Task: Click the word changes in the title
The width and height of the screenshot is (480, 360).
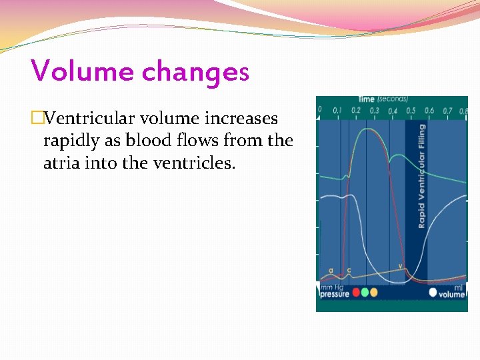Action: [195, 72]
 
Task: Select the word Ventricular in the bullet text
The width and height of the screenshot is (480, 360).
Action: [91, 119]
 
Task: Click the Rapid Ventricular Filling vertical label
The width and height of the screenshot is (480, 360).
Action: [421, 176]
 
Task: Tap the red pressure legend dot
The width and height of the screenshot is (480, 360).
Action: [356, 292]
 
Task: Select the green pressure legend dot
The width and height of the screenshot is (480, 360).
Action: [365, 292]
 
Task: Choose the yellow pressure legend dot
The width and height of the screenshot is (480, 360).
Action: [373, 292]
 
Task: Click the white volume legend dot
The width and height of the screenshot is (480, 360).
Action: [433, 292]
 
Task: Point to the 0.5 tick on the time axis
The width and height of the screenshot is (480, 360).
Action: [411, 110]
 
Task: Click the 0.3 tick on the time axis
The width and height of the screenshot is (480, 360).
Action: [375, 110]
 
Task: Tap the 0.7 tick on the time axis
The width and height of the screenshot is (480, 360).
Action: [447, 110]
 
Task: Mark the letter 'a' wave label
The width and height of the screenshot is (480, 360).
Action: [331, 271]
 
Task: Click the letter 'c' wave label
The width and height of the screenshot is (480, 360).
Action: [349, 271]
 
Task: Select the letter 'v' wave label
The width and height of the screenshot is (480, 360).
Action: [401, 266]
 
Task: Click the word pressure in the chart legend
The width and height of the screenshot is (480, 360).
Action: [335, 294]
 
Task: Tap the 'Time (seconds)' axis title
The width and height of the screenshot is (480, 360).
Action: [383, 99]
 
